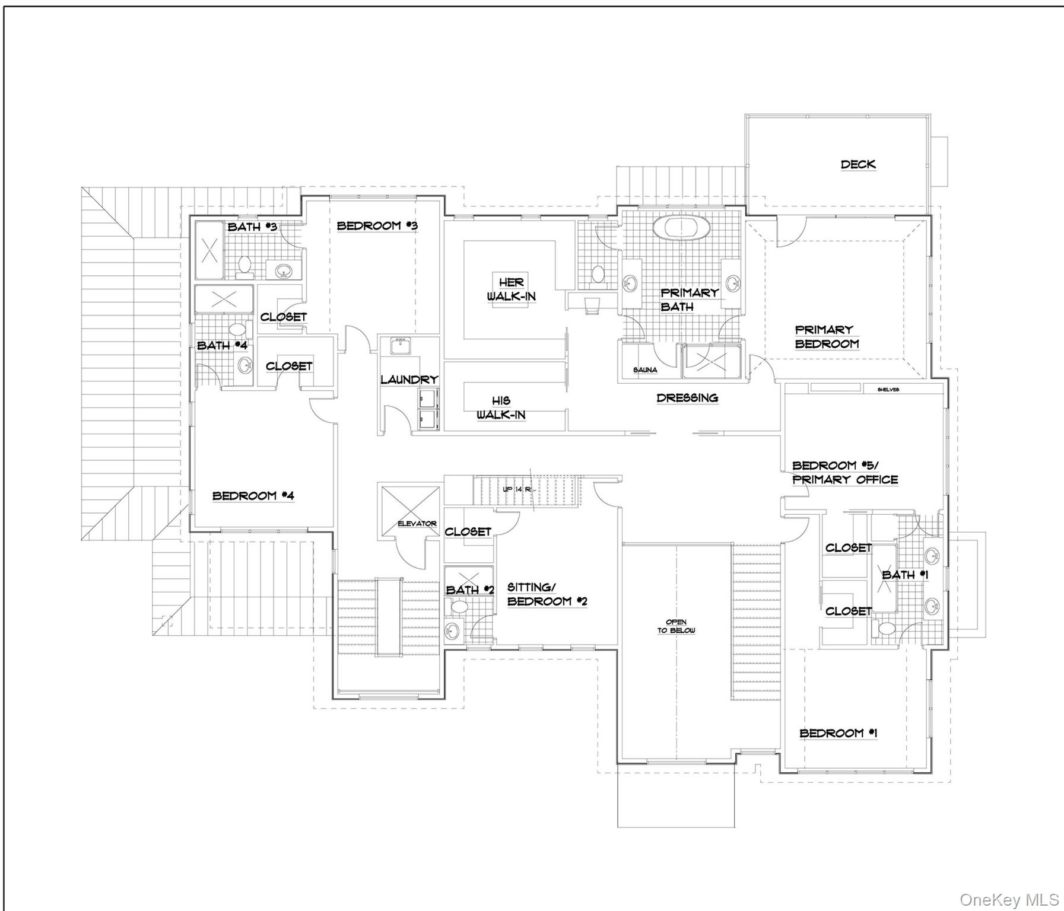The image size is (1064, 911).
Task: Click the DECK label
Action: click(857, 164)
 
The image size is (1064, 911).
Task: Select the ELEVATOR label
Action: click(417, 524)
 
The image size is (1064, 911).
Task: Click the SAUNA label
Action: click(645, 370)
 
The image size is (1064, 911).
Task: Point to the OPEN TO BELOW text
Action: click(676, 626)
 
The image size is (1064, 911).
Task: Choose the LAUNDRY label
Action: click(409, 380)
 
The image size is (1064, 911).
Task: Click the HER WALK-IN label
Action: click(511, 289)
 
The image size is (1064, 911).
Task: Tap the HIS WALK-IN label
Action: click(501, 407)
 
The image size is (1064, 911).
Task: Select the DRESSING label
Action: click(687, 398)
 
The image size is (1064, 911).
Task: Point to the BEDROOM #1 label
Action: click(838, 733)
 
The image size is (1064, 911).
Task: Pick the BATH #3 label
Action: click(252, 227)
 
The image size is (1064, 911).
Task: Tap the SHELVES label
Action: click(888, 390)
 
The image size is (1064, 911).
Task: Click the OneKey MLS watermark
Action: click(1009, 900)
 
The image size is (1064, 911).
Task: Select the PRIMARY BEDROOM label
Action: click(827, 336)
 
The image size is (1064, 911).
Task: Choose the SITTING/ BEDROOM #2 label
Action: click(547, 594)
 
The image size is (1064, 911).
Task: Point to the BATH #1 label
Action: click(904, 574)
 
